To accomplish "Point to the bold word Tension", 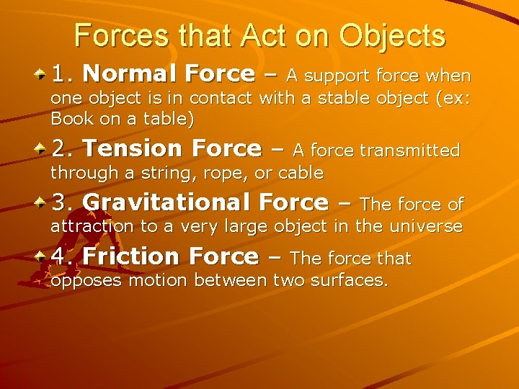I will pos(134,148).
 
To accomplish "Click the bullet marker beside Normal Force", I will pos(40,73).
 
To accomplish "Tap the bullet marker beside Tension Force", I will pos(40,148).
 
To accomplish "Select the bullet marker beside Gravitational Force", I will pos(40,202).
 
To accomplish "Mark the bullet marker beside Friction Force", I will pos(40,255).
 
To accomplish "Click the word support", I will pos(336,76).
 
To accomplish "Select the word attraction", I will pos(92,226).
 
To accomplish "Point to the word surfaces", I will pos(352,280).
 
